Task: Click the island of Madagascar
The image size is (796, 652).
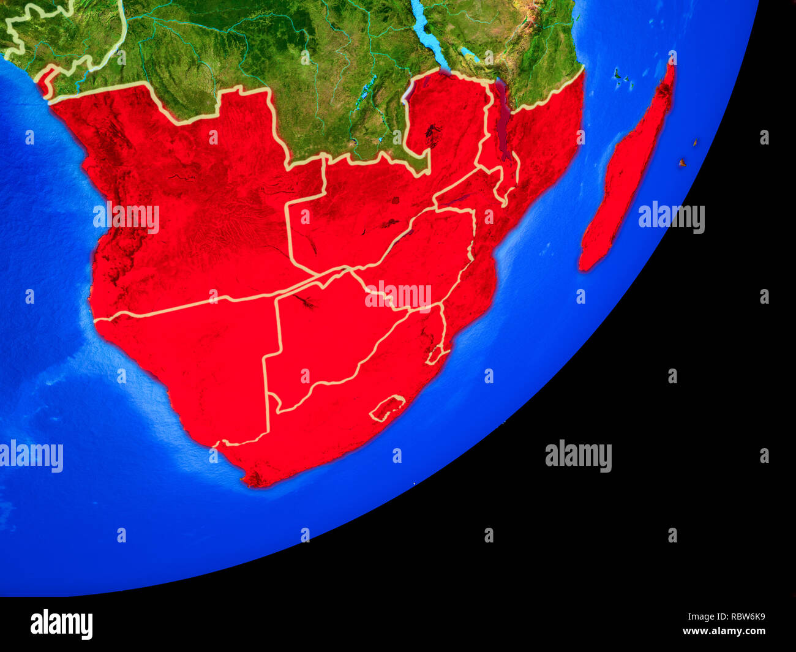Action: point(628,171)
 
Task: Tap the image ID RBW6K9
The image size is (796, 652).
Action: point(741,617)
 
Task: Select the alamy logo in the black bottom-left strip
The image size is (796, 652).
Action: point(61,624)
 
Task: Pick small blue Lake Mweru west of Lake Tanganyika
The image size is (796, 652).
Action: point(366,86)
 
